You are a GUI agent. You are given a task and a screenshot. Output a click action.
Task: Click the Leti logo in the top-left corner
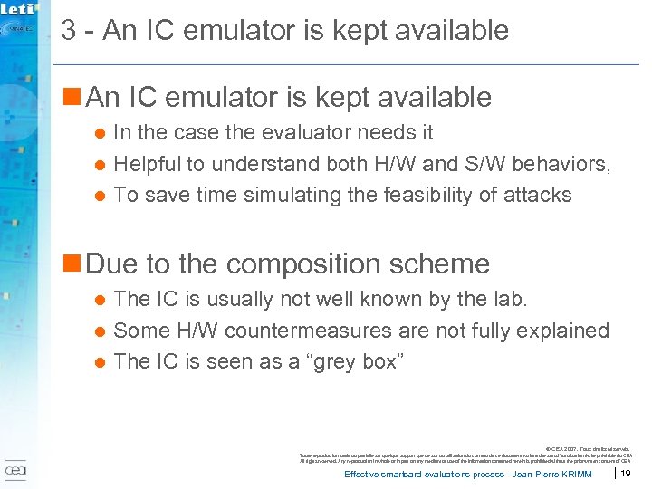click(x=18, y=11)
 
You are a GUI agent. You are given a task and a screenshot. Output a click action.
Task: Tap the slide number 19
click(x=626, y=474)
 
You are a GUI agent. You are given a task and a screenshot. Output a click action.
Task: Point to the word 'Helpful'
click(x=148, y=164)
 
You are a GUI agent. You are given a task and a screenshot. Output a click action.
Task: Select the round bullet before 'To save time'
click(x=101, y=196)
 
